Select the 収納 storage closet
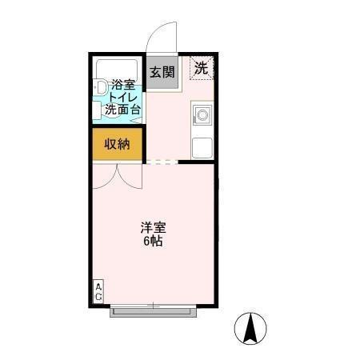[x=117, y=144]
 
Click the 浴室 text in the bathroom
[x=123, y=85]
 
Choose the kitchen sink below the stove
[x=202, y=147]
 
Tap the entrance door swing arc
[x=163, y=35]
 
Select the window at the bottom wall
[x=152, y=309]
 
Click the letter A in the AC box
[x=99, y=287]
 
